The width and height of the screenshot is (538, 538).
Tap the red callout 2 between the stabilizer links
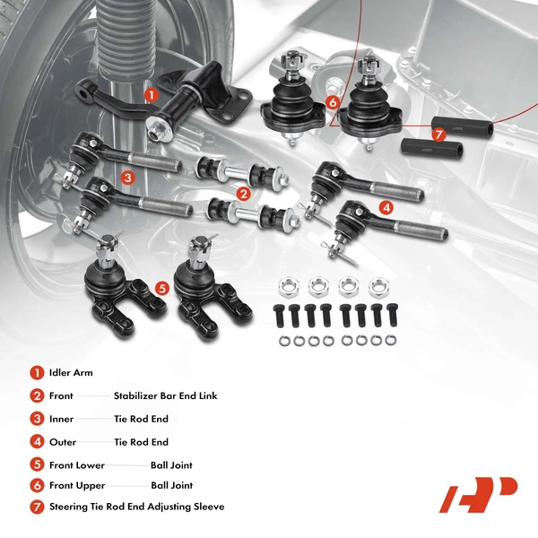243,193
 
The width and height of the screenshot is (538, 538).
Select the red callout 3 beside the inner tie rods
128,178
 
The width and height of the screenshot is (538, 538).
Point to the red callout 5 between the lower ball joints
161,288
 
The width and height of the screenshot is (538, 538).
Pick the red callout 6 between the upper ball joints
332,102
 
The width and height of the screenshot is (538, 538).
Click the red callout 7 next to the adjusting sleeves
438,134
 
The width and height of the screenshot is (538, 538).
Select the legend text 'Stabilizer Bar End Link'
165,395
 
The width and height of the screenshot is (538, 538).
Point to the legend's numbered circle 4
37,442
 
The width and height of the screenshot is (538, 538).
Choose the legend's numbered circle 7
37,507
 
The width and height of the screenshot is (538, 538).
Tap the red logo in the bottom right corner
478,494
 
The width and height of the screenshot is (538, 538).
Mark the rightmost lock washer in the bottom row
390,340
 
